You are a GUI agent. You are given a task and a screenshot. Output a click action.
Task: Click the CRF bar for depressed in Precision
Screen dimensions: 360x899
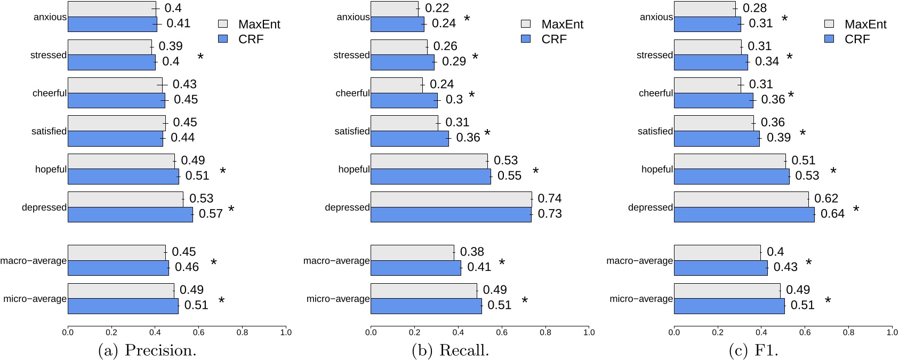pos(130,214)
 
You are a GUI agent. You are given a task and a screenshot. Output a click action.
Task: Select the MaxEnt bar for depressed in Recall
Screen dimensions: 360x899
pos(451,199)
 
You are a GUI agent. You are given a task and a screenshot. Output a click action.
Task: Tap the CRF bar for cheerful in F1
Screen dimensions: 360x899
pos(713,100)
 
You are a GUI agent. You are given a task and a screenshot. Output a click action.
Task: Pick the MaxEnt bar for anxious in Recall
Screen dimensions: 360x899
pos(395,9)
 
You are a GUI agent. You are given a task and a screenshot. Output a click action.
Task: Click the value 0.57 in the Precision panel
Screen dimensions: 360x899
pos(211,214)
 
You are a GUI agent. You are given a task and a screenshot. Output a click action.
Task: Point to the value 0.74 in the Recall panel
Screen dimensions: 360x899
pos(549,198)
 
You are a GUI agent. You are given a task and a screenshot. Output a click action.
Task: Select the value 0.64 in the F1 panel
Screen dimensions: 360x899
pos(832,214)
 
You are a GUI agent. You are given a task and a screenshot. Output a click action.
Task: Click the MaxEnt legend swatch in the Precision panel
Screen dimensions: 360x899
pos(223,24)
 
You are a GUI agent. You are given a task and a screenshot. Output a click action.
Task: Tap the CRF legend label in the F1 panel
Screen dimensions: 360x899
pos(857,39)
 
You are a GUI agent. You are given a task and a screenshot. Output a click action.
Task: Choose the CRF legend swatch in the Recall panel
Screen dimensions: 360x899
pos(526,39)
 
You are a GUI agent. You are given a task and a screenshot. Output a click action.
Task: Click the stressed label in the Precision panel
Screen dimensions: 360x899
pos(49,55)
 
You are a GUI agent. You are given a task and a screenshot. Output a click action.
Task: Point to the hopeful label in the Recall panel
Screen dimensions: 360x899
pos(354,169)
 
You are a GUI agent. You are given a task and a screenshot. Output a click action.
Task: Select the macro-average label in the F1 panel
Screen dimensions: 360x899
pos(639,261)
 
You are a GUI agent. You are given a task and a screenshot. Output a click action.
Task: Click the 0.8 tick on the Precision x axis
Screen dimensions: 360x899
pos(242,332)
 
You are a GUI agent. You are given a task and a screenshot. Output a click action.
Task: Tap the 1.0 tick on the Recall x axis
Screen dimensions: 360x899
pos(589,332)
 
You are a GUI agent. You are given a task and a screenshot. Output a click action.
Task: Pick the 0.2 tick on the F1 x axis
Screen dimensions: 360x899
pos(718,332)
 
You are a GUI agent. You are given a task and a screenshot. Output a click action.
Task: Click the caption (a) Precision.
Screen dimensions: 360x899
pos(148,350)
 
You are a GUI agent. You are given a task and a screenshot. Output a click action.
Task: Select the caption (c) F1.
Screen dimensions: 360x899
pos(753,350)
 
